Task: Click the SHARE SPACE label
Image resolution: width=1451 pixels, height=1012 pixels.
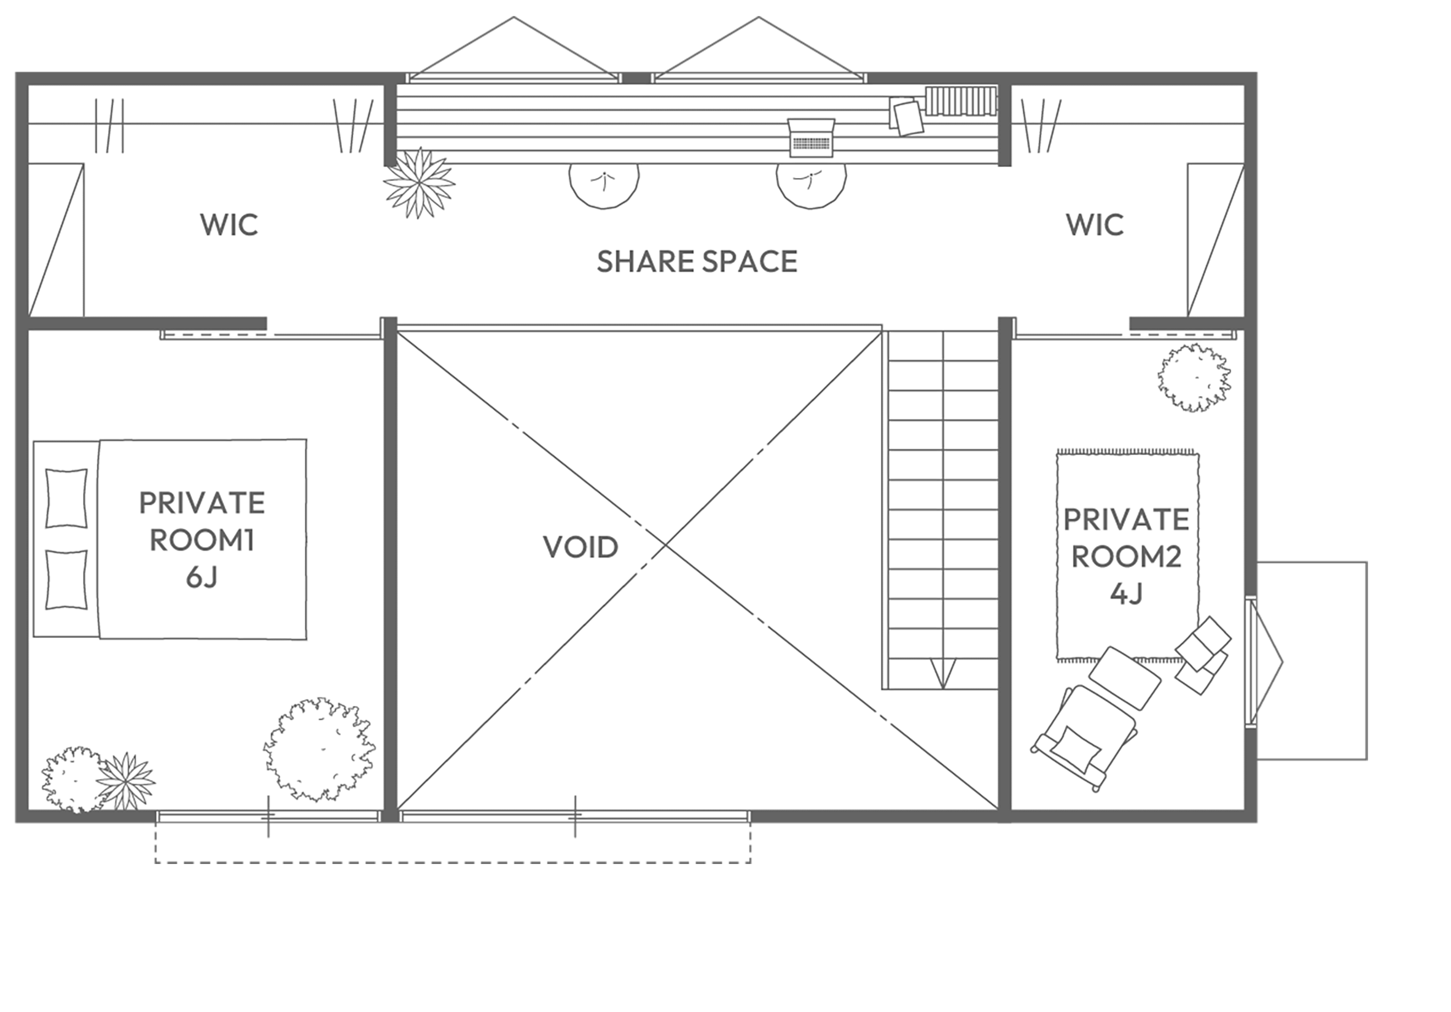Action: coord(697,262)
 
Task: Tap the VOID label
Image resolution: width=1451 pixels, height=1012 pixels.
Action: coord(581,547)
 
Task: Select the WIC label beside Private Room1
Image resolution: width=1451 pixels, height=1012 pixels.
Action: coord(229,225)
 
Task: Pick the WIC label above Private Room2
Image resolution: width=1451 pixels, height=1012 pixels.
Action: coord(1095,225)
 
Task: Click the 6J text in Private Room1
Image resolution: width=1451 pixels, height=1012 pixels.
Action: coord(201,577)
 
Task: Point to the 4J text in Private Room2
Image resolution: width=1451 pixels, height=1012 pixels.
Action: coord(1126,593)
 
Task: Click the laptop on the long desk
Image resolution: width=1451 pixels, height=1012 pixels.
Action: coord(812,137)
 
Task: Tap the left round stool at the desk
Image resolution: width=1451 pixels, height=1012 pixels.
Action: coord(604,185)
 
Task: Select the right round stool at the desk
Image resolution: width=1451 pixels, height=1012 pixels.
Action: coord(812,185)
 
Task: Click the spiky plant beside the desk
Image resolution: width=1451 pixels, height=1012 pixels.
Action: coord(419,183)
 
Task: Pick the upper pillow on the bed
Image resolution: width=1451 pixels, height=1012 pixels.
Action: coord(66,498)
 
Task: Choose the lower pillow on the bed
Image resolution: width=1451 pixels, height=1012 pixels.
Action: coord(66,580)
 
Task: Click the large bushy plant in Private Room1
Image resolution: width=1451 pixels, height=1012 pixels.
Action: coord(320,750)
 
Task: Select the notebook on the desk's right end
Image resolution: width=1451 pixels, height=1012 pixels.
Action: coord(906,116)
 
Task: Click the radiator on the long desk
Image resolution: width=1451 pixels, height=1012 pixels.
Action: coord(961,102)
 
